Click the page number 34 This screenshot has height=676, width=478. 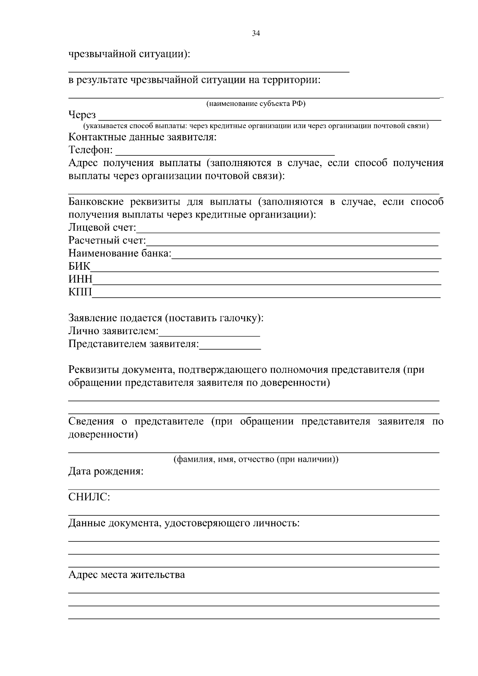256,34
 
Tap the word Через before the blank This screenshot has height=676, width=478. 82,115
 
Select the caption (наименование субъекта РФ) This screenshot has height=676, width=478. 256,104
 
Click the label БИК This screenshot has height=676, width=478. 79,266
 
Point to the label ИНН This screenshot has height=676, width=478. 80,279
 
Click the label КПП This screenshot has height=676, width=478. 80,292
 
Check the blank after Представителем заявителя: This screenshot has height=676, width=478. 230,345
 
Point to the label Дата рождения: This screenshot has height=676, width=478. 106,472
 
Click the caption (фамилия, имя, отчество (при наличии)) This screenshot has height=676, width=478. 256,459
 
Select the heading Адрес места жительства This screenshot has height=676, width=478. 127,575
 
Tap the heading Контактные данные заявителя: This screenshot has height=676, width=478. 143,137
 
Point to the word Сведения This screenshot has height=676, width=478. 91,421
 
